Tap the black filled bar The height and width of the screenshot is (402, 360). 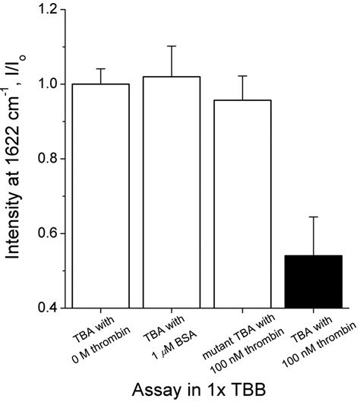click(x=314, y=281)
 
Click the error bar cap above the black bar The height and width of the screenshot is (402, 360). click(x=314, y=217)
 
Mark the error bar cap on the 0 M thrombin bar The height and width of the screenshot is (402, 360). click(x=100, y=69)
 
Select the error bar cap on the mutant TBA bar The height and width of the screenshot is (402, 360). click(x=242, y=76)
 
